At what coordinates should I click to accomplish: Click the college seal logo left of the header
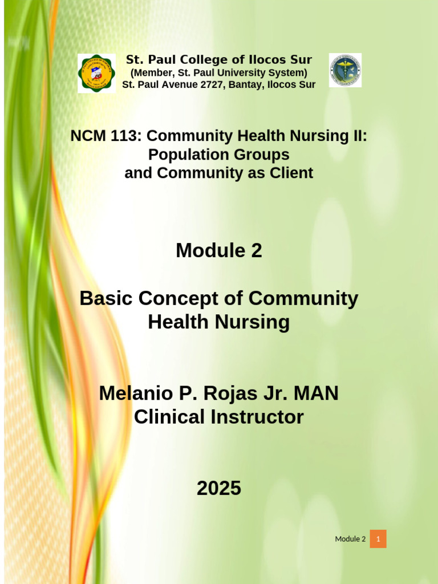click(x=96, y=73)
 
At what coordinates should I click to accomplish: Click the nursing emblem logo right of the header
click(x=345, y=70)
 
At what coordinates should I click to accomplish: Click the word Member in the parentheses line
click(x=153, y=72)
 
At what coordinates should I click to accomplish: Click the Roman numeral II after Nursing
click(x=359, y=136)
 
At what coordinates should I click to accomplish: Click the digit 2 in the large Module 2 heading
click(x=255, y=250)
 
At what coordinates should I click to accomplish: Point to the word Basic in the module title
click(x=106, y=298)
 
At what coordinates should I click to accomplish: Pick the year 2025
click(x=219, y=488)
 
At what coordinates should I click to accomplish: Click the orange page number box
click(x=378, y=539)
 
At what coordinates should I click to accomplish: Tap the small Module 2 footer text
click(x=350, y=539)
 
